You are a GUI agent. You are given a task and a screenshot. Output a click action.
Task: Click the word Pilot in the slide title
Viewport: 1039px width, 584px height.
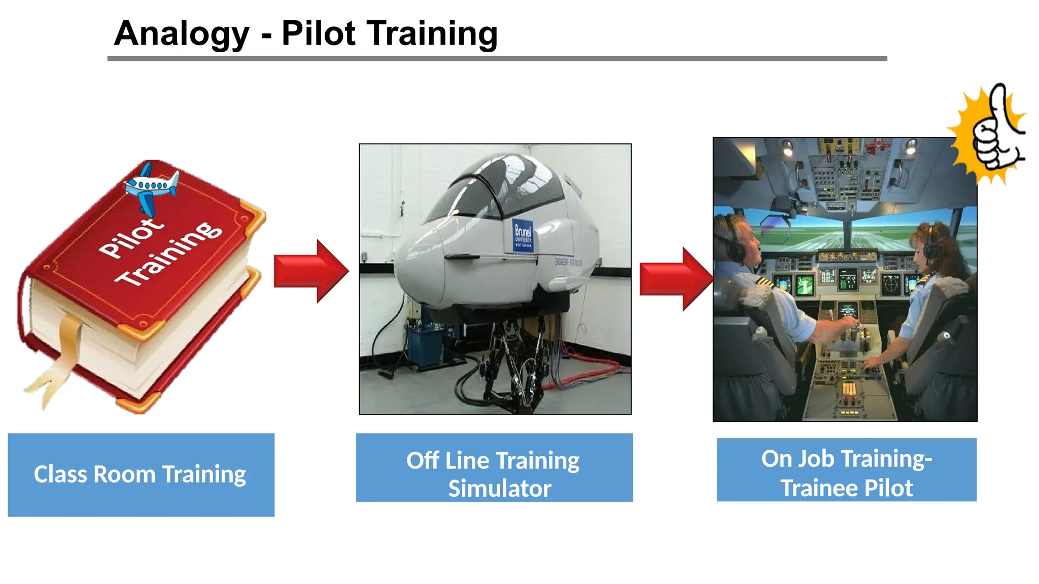[318, 33]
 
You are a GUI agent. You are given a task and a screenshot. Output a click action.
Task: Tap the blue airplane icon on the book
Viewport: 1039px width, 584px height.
[151, 187]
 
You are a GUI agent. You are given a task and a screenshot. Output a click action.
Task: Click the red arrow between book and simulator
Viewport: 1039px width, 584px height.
[310, 271]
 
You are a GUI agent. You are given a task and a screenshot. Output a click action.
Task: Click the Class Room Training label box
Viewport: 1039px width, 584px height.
[141, 474]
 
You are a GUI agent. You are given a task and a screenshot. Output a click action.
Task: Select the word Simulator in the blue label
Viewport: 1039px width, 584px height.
[499, 489]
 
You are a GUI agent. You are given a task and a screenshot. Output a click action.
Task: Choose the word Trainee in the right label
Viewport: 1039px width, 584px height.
[818, 488]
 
